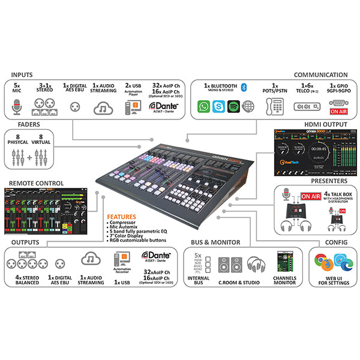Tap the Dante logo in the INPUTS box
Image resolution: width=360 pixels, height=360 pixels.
(x=160, y=106)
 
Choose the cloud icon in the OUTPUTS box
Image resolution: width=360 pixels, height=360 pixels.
(x=90, y=259)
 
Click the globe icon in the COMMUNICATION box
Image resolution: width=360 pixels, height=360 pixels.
(x=248, y=106)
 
